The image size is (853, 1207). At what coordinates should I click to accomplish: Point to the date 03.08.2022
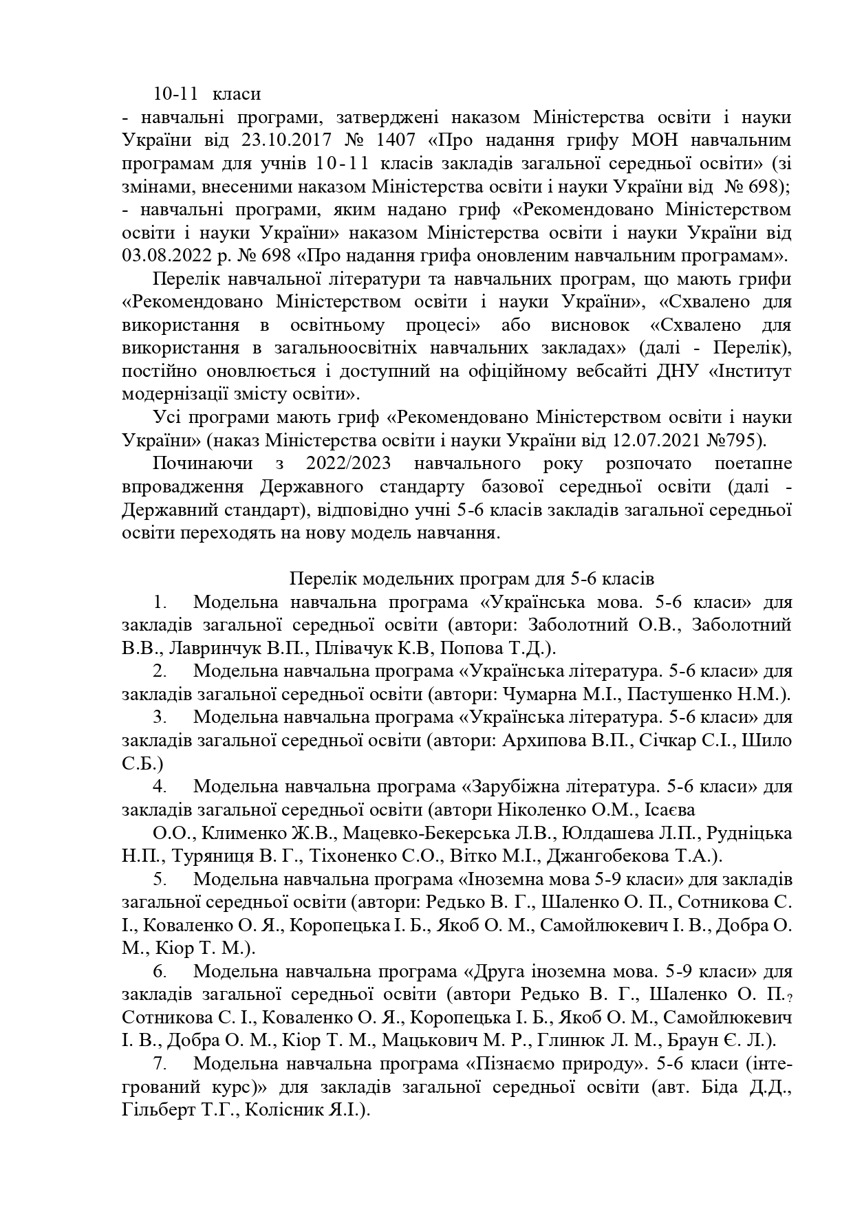pos(166,256)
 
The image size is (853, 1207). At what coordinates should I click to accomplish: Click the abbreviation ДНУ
pos(694,371)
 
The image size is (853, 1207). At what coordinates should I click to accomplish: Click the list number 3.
pos(160,717)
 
